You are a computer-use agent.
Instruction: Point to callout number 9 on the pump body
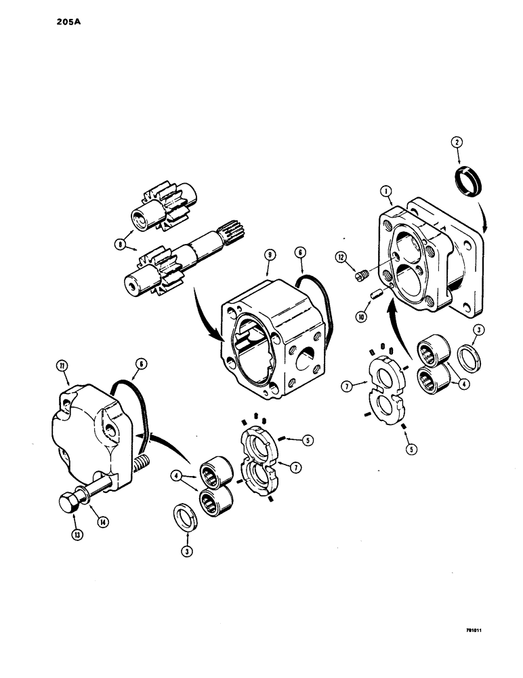pyautogui.click(x=270, y=254)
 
